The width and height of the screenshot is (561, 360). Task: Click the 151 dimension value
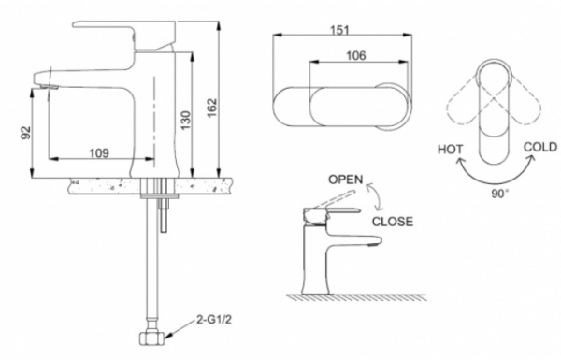pos(339,30)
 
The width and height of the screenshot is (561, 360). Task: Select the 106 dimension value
pos(356,55)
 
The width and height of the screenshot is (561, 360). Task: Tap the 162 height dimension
pos(212,108)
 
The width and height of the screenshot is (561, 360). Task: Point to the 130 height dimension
pos(186,121)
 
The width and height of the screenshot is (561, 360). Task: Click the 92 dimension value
pos(26,133)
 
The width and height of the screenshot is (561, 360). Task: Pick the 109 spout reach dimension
pos(99,153)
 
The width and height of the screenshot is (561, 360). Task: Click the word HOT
pos(450,150)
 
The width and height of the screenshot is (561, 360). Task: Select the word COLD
pos(540,147)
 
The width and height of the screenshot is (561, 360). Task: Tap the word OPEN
pos(346,180)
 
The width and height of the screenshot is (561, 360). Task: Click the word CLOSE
pos(393,222)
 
